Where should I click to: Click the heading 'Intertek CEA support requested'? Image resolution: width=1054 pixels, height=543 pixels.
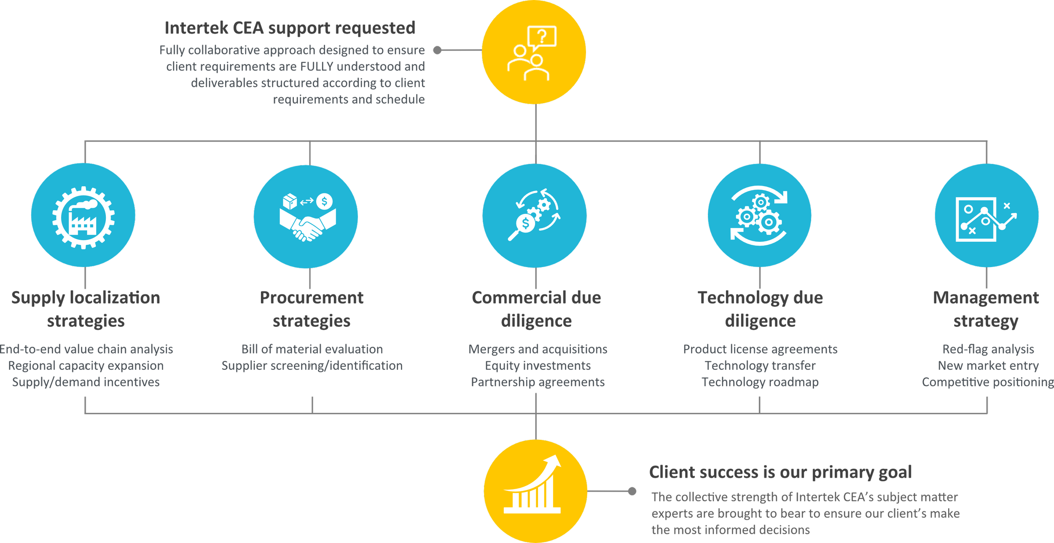point(290,28)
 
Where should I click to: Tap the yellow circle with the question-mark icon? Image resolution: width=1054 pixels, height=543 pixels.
point(534,52)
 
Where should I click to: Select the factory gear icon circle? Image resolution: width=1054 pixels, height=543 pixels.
point(83,216)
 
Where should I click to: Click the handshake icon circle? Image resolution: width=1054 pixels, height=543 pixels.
point(306,217)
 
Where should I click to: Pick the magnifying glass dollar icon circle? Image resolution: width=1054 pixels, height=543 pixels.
point(535,216)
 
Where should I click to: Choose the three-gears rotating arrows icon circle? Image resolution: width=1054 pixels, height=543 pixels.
point(759,216)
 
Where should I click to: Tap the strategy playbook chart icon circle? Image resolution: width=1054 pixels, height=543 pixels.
point(987,216)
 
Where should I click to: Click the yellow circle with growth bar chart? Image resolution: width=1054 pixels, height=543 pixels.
point(535,491)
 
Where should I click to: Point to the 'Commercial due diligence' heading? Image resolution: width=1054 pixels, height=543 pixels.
point(537,309)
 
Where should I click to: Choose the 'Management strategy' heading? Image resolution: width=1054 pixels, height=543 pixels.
point(986,309)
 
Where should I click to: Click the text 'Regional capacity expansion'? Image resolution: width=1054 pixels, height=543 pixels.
point(86,366)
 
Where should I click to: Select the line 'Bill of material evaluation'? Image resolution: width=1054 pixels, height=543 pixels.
point(312,349)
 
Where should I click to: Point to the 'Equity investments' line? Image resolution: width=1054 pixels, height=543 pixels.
point(538,366)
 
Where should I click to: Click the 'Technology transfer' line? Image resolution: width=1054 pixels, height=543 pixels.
point(761,366)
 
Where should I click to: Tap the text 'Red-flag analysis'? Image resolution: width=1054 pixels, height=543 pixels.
point(988,349)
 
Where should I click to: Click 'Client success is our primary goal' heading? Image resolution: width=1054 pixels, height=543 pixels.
point(780,472)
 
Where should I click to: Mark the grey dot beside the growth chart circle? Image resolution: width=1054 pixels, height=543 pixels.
point(632,491)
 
